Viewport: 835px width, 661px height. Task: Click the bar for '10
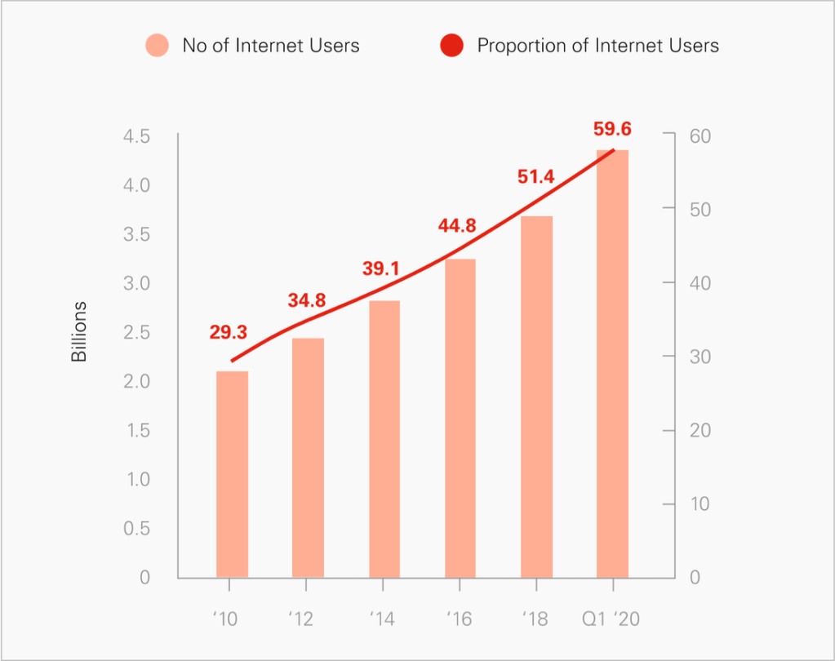[x=232, y=474]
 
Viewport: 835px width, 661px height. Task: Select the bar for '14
[x=384, y=439]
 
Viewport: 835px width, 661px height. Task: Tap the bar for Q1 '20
[x=613, y=364]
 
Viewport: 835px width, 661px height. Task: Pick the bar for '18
[x=536, y=397]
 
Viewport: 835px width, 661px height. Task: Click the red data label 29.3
[x=228, y=331]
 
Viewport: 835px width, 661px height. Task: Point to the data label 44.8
[x=457, y=226]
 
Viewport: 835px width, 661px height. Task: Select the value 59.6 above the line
[x=612, y=128]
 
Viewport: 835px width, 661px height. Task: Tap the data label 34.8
[x=307, y=300]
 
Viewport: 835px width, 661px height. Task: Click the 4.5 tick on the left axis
[x=136, y=136]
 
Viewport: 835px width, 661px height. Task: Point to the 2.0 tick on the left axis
[x=136, y=382]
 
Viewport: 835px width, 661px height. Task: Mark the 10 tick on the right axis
[x=700, y=504]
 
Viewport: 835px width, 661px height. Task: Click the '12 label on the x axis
[x=302, y=619]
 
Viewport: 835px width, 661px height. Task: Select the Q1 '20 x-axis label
[x=612, y=619]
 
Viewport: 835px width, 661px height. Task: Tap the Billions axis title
[x=79, y=332]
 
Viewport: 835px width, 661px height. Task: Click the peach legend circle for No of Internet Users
[x=157, y=45]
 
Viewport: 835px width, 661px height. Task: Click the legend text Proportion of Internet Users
[x=597, y=45]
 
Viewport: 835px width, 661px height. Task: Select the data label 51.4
[x=535, y=176]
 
